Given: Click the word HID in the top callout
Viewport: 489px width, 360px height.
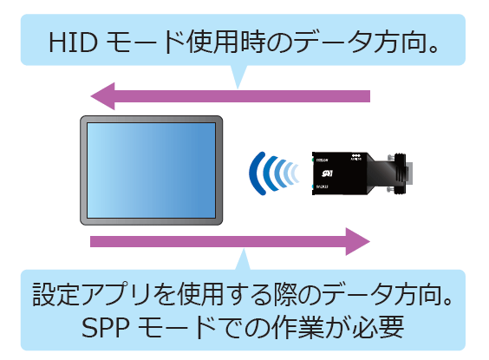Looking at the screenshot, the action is pos(74,43).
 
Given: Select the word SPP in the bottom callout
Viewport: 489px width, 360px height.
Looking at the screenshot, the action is pos(106,327).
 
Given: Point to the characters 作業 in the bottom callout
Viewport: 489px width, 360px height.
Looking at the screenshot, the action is pos(298,327).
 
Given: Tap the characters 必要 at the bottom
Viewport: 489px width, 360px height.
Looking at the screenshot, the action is pos(378,327).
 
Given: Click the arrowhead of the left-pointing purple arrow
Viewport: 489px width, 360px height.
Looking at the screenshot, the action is pos(102,96).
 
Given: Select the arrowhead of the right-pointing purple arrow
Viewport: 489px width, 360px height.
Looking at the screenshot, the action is pos(358,241).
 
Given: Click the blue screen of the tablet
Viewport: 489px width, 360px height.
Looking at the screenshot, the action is pos(151,170).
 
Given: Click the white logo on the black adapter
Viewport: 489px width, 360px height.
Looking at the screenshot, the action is pos(328,173).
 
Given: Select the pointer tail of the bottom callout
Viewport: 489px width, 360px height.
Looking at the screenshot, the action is pos(244,259).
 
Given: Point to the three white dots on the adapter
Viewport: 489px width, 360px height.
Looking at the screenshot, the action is pos(355,155).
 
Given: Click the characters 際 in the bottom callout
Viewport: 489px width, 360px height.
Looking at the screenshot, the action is pos(285,294).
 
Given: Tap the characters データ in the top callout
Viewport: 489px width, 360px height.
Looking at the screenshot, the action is pos(332,43).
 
